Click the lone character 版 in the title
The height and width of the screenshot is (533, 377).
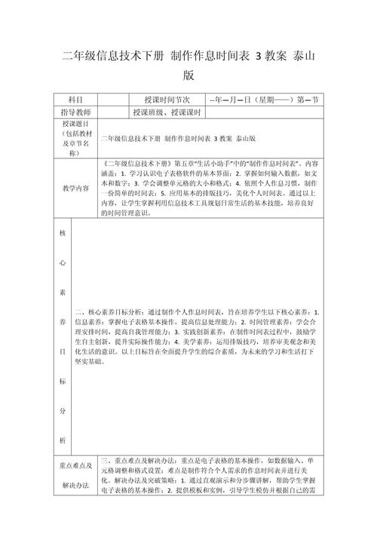click(188, 75)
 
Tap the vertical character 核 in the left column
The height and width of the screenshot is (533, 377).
click(63, 233)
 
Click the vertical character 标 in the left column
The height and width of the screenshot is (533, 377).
click(63, 382)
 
